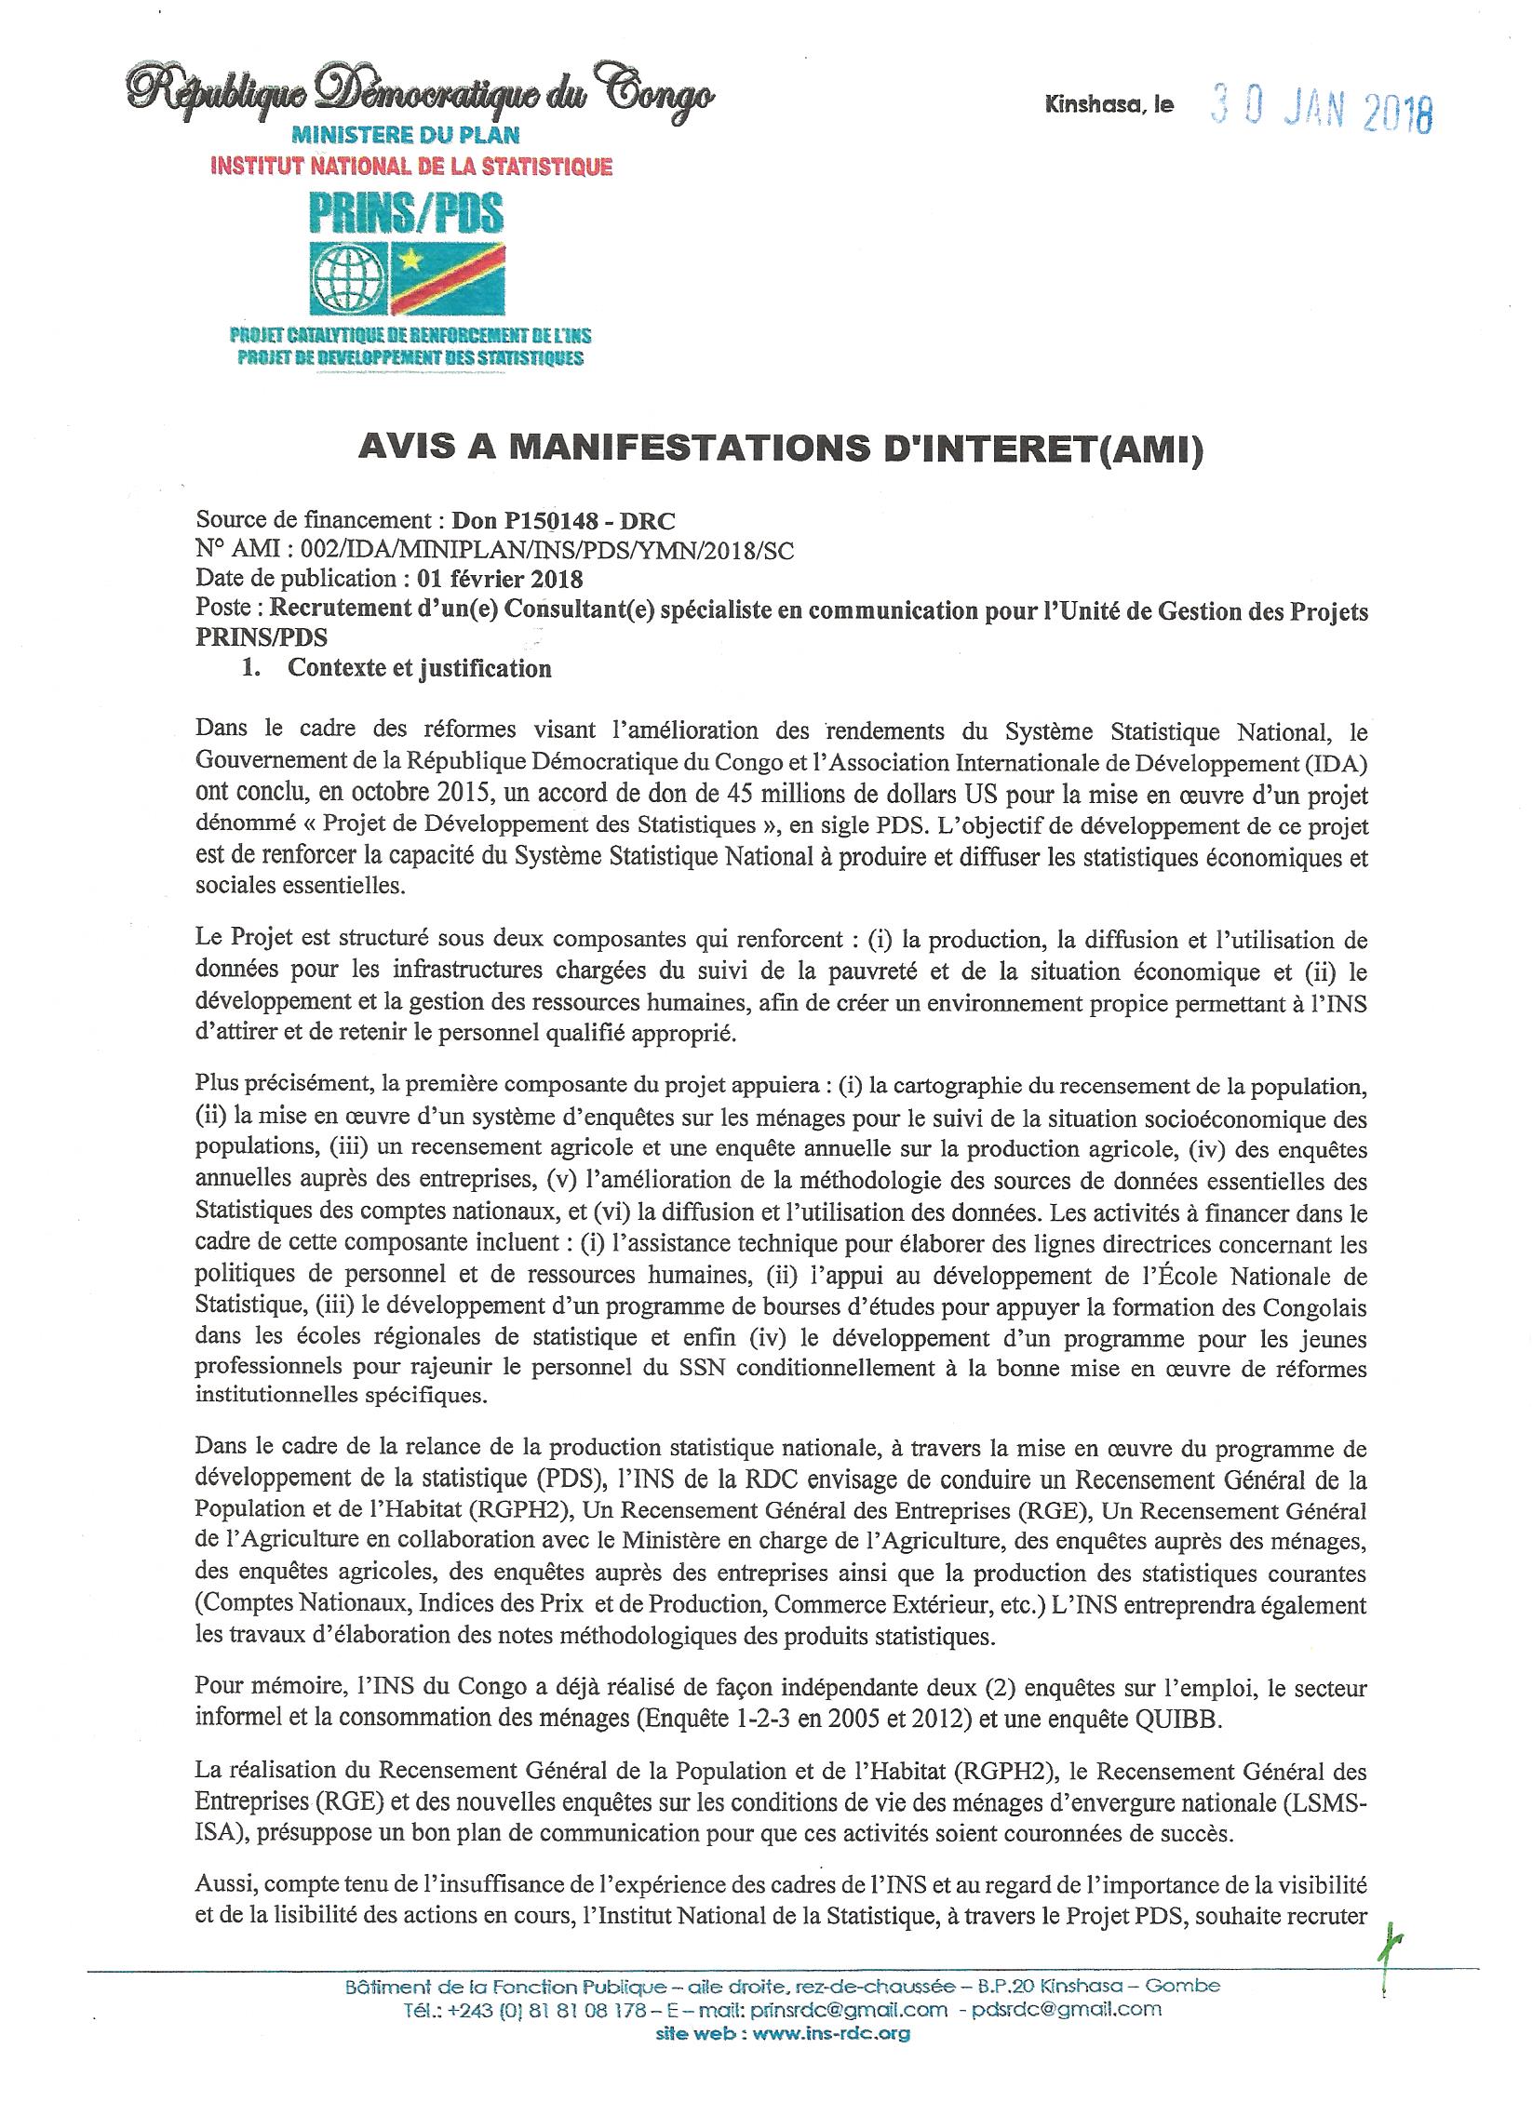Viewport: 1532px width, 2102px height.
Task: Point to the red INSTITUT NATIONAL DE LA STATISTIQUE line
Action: pos(412,167)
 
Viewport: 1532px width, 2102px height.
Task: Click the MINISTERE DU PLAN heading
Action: pos(405,135)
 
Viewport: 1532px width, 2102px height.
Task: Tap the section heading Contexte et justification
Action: pos(420,668)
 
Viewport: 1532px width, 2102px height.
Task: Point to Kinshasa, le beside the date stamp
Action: pos(1109,106)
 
